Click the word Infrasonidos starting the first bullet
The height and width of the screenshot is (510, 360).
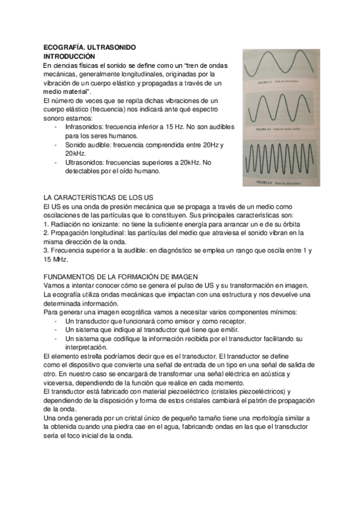coord(84,127)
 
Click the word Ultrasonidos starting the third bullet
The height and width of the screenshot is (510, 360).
coord(84,162)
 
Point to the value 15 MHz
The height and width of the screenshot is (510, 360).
coord(56,259)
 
